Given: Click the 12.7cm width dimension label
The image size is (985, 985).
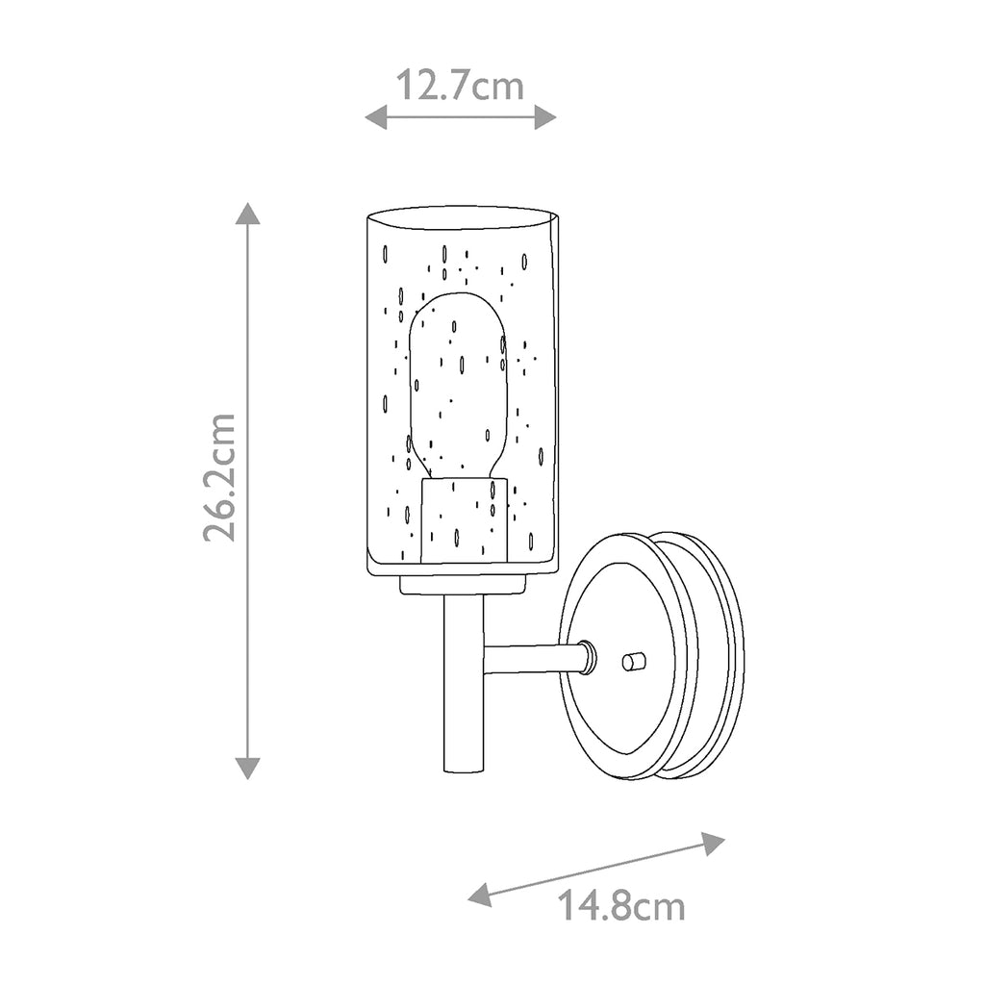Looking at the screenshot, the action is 460,86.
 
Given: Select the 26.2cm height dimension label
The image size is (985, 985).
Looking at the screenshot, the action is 219,477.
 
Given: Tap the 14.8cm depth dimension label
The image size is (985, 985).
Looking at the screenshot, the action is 621,906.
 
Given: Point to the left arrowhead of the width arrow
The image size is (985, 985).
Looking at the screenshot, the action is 376,116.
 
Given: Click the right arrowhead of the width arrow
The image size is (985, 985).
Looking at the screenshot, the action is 545,116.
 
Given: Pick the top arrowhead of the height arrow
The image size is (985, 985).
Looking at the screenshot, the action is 247,214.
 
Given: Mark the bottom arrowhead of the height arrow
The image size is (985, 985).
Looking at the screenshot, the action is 247,769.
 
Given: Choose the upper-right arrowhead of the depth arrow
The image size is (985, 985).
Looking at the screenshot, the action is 714,843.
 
